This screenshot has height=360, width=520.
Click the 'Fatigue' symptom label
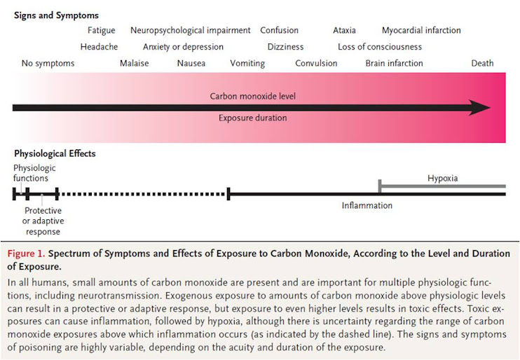(102, 30)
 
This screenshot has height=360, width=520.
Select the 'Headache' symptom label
(99, 47)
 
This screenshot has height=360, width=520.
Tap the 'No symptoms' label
(48, 63)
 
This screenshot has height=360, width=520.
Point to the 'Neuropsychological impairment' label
(190, 30)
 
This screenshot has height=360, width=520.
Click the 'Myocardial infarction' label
(421, 30)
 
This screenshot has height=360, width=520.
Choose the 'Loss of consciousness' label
(380, 47)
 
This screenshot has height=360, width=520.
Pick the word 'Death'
(482, 63)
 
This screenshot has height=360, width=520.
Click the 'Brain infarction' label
(394, 63)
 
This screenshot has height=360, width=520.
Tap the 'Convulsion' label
(316, 63)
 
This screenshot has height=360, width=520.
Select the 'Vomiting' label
(247, 63)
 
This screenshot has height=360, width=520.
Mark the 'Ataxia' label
(344, 30)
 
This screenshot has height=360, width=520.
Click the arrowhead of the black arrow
(480, 108)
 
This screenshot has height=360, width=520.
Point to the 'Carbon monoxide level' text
(252, 96)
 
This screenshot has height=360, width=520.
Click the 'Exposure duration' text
(252, 118)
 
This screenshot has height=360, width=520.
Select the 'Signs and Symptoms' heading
(57, 15)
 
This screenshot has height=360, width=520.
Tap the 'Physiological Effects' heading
(55, 153)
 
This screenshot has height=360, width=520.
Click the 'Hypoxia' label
(442, 178)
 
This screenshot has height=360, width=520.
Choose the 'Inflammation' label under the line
(367, 206)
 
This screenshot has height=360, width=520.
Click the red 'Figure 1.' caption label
(26, 254)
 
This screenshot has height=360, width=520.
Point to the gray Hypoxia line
(442, 186)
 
